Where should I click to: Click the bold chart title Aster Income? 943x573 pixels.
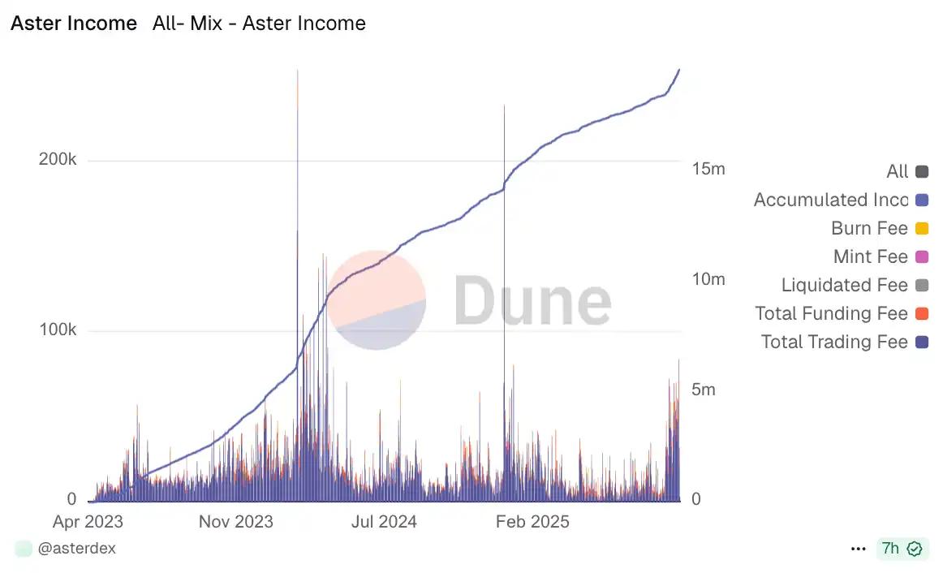click(73, 24)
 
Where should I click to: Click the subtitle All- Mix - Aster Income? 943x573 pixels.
click(259, 24)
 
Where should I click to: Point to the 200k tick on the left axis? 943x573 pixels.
click(58, 160)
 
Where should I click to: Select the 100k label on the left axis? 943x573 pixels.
click(58, 330)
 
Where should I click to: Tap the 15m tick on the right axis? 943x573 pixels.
click(708, 169)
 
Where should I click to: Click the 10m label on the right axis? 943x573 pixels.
click(708, 279)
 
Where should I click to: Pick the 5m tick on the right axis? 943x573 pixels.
click(704, 390)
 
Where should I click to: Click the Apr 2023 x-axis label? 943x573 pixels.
click(88, 521)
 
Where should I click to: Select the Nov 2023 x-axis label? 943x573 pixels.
click(236, 521)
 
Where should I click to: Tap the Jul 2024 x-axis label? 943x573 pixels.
click(384, 521)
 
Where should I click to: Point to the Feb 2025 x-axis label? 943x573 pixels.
click(532, 521)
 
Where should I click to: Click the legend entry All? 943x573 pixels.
click(898, 171)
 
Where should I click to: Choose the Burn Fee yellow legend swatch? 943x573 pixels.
click(922, 228)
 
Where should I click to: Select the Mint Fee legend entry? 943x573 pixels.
click(870, 256)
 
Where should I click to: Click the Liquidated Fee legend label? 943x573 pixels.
click(844, 285)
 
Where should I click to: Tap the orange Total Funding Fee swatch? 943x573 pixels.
click(922, 313)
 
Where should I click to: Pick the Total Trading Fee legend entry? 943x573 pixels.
click(834, 342)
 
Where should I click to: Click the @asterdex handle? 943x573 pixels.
click(77, 549)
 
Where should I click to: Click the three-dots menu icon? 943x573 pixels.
click(859, 549)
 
